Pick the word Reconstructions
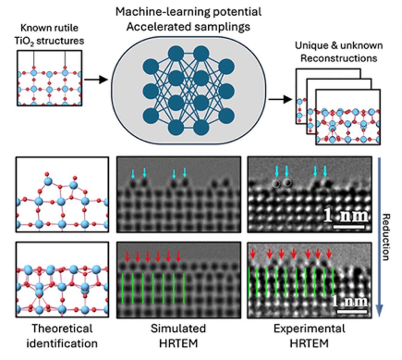(339, 58)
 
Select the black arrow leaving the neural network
(280, 100)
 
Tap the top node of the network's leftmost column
(151, 67)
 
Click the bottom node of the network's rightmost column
(226, 116)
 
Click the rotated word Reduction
(387, 237)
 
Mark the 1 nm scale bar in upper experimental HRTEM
(349, 226)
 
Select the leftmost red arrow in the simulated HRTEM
(127, 256)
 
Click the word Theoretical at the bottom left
(62, 329)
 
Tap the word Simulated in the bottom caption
(178, 329)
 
